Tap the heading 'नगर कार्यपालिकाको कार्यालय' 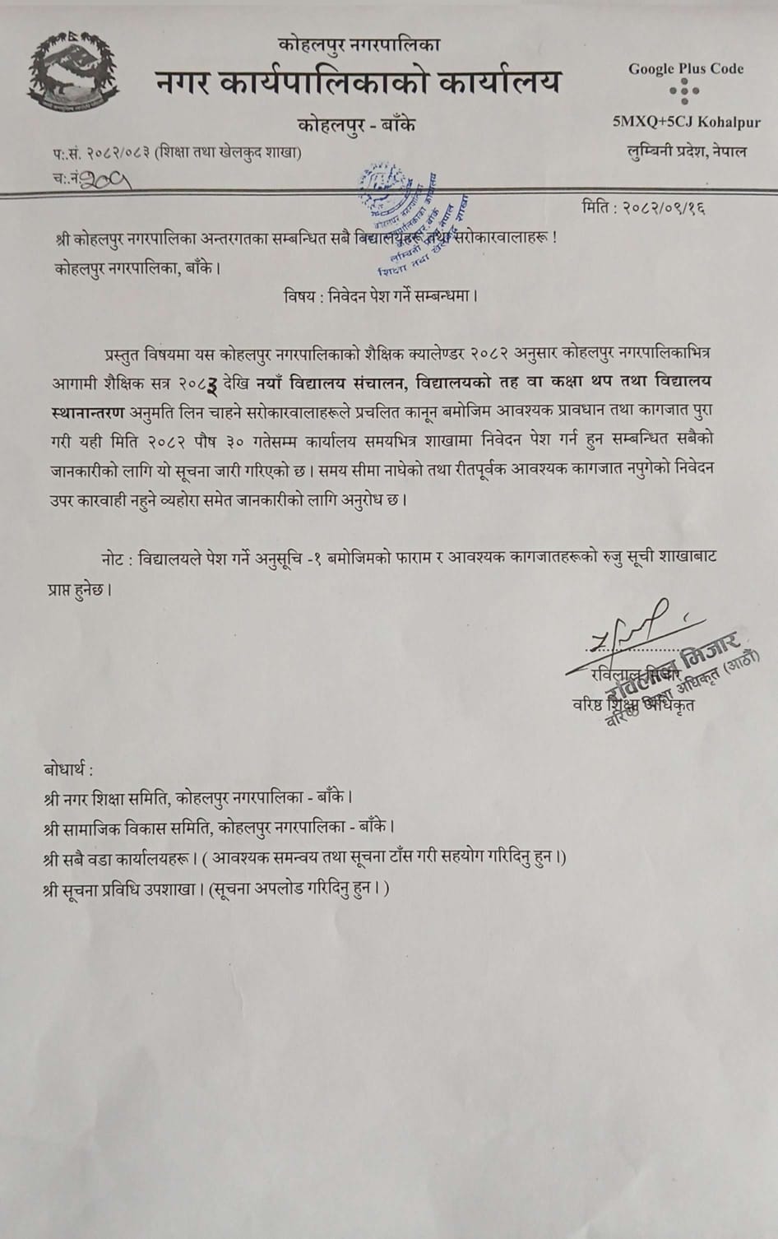click(358, 82)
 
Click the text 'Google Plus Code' click(686, 69)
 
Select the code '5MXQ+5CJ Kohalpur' click(686, 123)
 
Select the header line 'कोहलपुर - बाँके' click(357, 125)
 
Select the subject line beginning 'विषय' click(379, 295)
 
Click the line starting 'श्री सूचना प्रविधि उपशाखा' click(215, 889)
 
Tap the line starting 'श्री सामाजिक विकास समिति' click(220, 826)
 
